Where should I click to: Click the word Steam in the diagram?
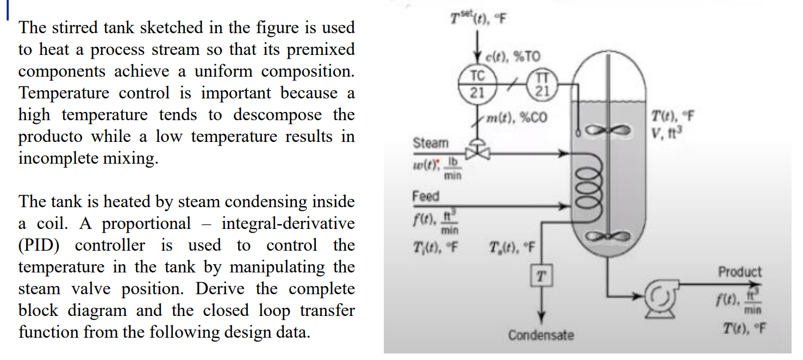pos(431,143)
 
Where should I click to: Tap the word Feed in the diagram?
pos(426,196)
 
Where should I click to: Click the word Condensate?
pos(541,335)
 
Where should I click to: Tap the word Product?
pos(739,271)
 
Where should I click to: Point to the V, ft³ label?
pos(672,132)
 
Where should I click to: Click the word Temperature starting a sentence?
pos(53,94)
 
